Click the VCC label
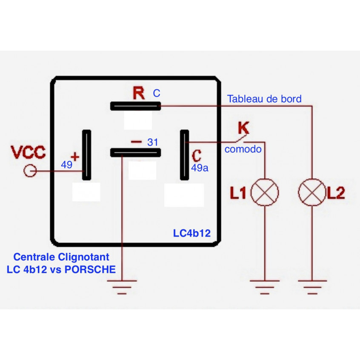(29, 152)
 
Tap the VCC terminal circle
(30, 171)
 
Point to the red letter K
(243, 127)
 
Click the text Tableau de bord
(264, 99)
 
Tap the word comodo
(243, 149)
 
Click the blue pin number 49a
(200, 168)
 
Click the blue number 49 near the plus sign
(66, 165)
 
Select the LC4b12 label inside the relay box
(191, 233)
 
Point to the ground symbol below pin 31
(122, 286)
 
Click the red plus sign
(75, 157)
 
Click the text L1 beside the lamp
(239, 194)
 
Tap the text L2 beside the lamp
(335, 194)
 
